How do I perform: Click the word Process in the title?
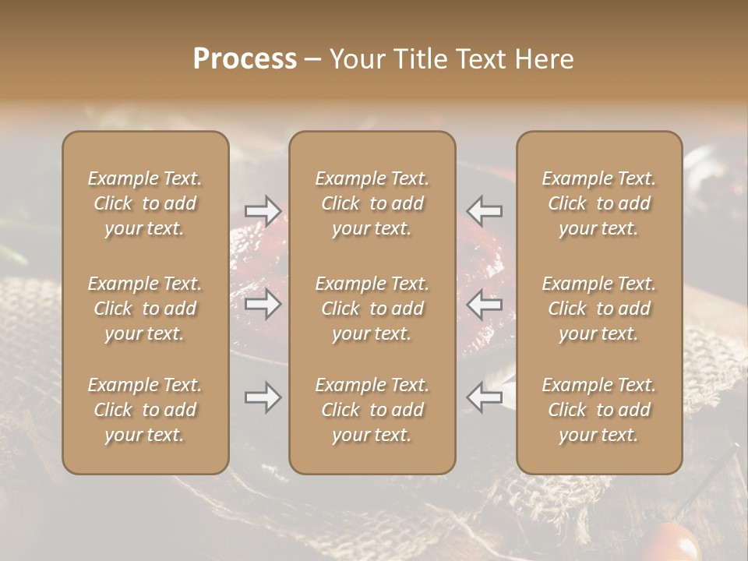click(x=245, y=59)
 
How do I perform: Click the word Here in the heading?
click(x=545, y=59)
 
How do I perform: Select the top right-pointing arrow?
click(x=263, y=210)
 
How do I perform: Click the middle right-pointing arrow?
click(x=263, y=304)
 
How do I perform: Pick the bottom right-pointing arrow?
click(x=263, y=397)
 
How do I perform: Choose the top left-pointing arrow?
click(x=484, y=210)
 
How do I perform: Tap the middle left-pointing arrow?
click(x=484, y=304)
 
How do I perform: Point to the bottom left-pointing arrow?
click(x=484, y=397)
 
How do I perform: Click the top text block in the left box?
click(x=145, y=203)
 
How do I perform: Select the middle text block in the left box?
click(x=145, y=309)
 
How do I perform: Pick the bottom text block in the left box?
click(x=145, y=410)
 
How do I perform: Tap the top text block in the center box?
click(x=372, y=203)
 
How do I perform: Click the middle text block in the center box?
click(x=372, y=309)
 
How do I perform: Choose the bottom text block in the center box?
click(x=372, y=410)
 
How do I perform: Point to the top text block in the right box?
click(x=598, y=203)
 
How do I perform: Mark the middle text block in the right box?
click(x=598, y=309)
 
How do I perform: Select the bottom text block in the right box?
click(x=598, y=410)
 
